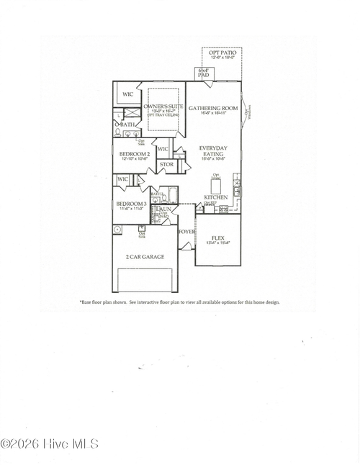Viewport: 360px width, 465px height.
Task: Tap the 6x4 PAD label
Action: tap(203, 73)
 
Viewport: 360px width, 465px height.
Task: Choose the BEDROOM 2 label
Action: tap(133, 154)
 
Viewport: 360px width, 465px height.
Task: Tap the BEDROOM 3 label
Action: tap(131, 204)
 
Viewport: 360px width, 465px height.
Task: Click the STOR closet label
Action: tap(166, 165)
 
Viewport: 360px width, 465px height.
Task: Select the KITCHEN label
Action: tap(216, 197)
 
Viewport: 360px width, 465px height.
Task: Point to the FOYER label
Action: tap(186, 232)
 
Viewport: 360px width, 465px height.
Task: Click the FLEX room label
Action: tap(217, 238)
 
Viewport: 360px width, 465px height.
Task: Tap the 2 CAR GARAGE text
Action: tap(145, 257)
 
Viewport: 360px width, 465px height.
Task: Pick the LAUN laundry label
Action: tap(164, 209)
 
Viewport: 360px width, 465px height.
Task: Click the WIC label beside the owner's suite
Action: tap(128, 94)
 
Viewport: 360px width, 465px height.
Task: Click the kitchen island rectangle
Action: tap(215, 186)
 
